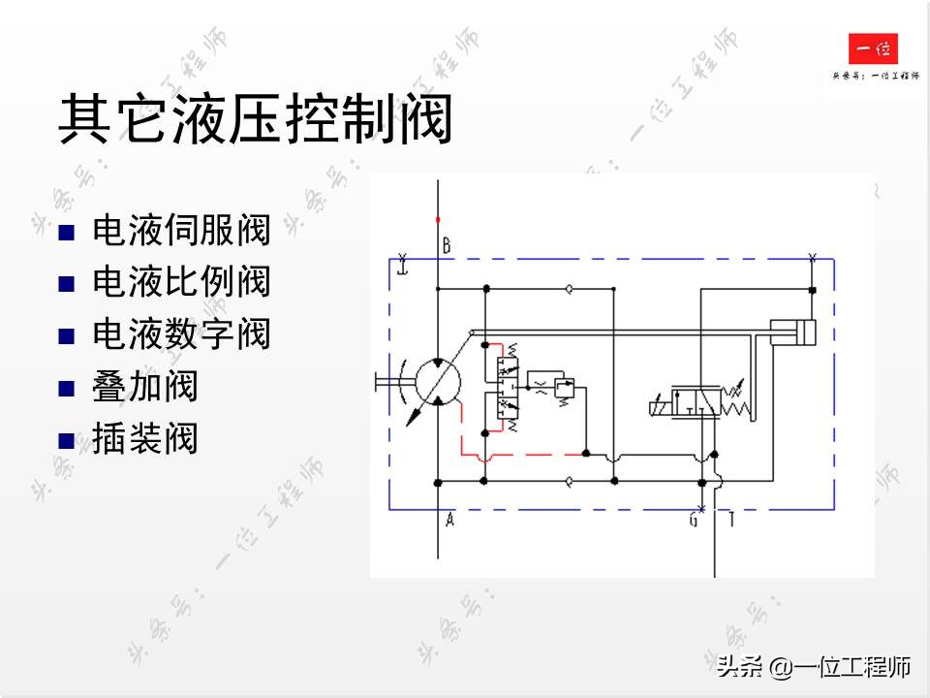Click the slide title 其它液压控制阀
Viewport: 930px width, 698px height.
tap(256, 120)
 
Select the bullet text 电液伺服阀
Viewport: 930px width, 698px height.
tap(181, 231)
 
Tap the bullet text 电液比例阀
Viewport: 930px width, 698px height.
tap(181, 282)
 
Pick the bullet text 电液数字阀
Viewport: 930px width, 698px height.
tap(181, 334)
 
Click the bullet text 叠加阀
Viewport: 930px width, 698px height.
tap(144, 387)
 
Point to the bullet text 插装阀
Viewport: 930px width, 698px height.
tap(144, 438)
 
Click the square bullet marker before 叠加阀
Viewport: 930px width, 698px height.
tap(66, 389)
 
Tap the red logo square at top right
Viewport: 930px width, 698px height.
tap(873, 49)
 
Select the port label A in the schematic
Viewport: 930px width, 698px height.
tap(449, 521)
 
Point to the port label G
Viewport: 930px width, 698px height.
tap(694, 521)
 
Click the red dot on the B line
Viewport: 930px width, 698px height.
tap(438, 219)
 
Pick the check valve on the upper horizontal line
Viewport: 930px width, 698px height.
tap(569, 288)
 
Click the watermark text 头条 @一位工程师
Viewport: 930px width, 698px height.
tap(814, 667)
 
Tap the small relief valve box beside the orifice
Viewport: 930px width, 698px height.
tap(566, 389)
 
